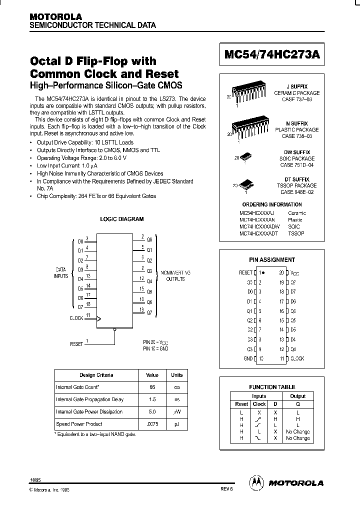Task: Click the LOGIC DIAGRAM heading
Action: click(122, 219)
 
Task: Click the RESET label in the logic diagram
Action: click(76, 344)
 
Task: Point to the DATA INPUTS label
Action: click(60, 272)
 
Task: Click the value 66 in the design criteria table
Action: click(152, 387)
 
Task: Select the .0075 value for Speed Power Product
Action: click(152, 424)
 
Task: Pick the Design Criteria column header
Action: click(96, 375)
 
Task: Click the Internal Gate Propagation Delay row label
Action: click(89, 399)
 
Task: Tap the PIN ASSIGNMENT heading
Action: click(272, 260)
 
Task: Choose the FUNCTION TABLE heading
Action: click(272, 387)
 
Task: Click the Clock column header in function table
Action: click(259, 404)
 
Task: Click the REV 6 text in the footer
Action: click(227, 490)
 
